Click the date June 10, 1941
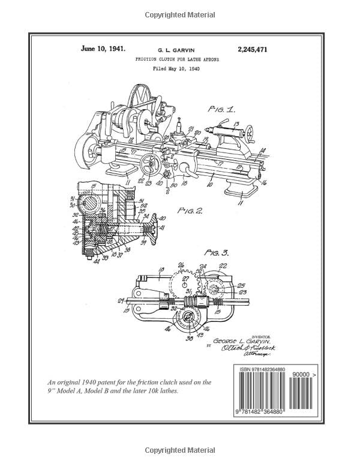click(103, 49)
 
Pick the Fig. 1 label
click(222, 109)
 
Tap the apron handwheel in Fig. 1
click(149, 163)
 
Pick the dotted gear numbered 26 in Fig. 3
click(182, 280)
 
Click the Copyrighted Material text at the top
click(179, 14)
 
